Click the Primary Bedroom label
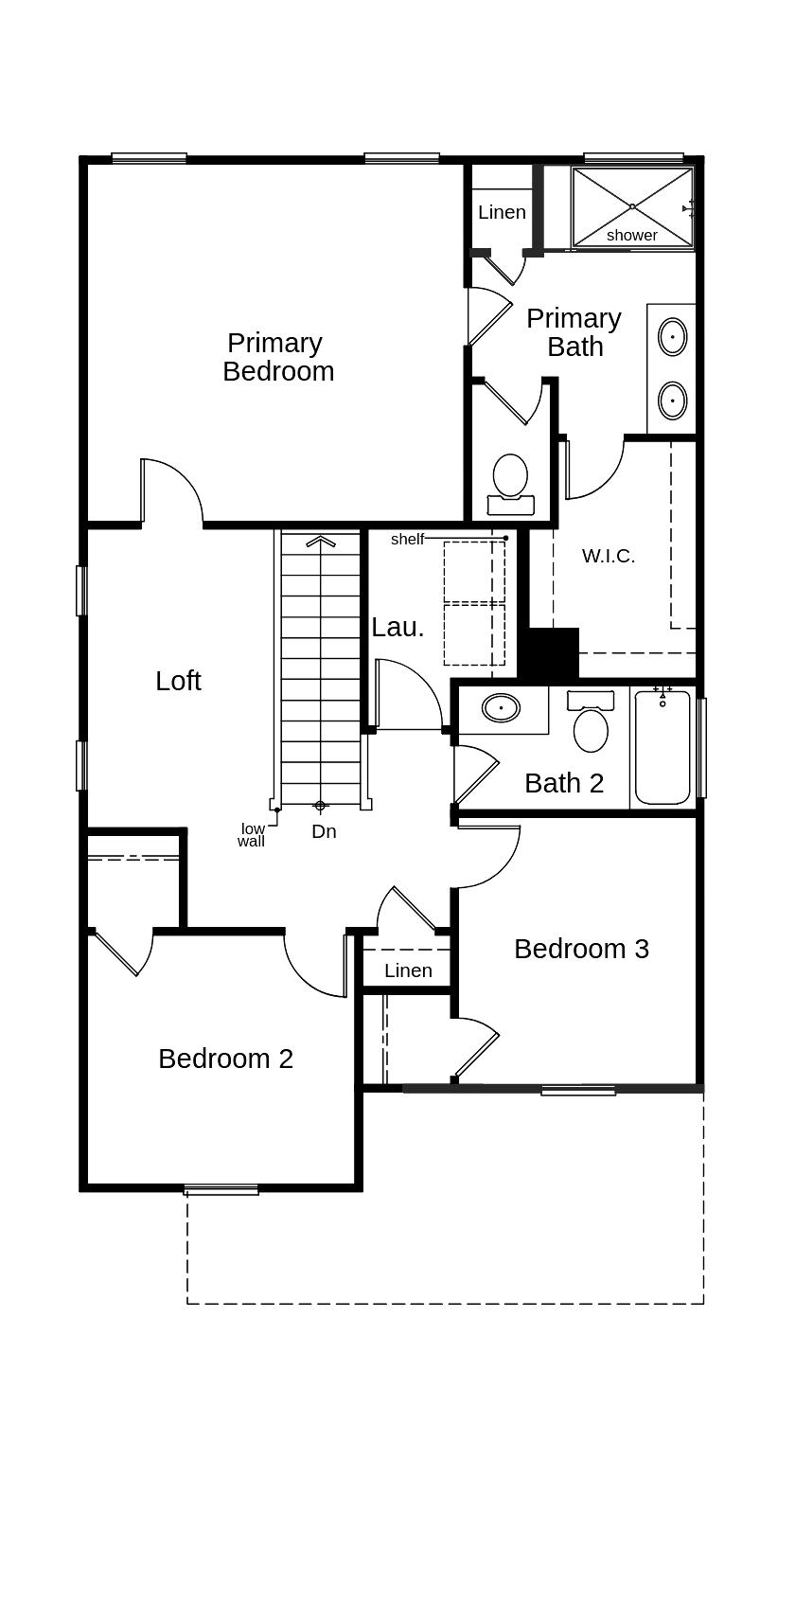click(278, 357)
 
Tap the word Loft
click(178, 681)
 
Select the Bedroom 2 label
click(225, 1059)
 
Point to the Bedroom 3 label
click(581, 949)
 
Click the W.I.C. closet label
click(608, 556)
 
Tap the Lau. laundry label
click(397, 627)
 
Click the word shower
click(631, 235)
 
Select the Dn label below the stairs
click(324, 831)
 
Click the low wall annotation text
click(252, 834)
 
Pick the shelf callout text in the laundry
click(407, 539)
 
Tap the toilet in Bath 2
click(591, 724)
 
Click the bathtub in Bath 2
click(662, 748)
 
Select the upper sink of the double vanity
click(672, 336)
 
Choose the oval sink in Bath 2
click(501, 707)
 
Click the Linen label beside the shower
click(502, 212)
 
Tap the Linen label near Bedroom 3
click(408, 970)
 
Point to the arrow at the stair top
click(321, 542)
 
